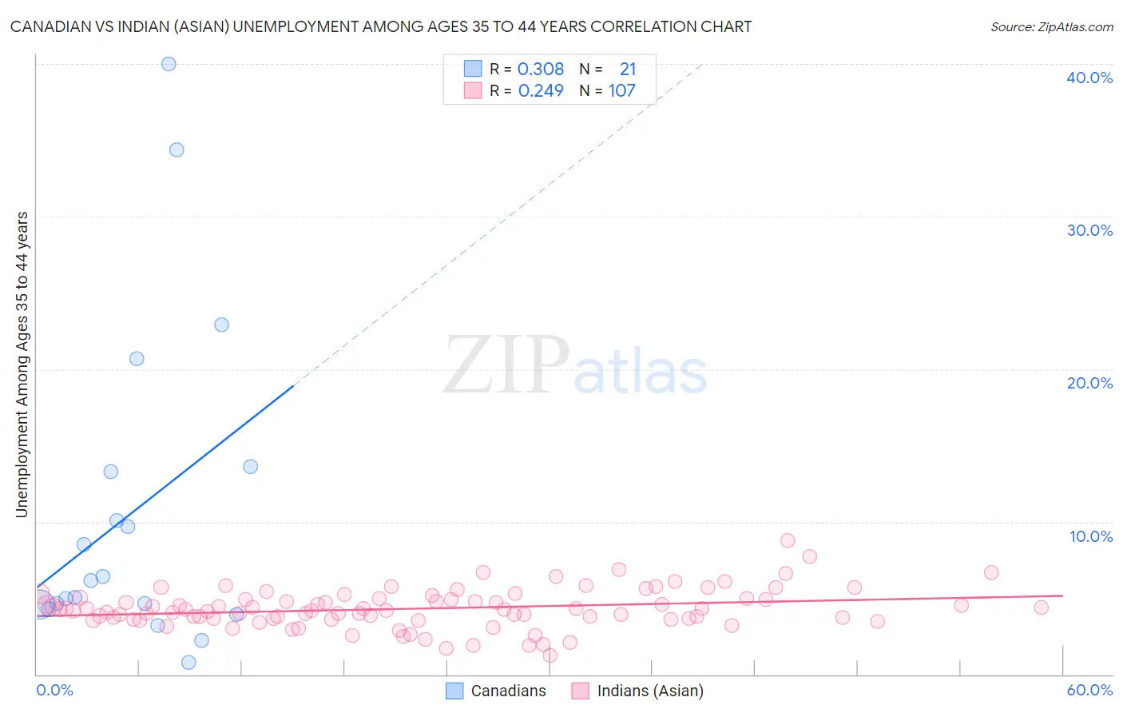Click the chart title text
(381, 26)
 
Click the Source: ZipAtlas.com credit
(1051, 26)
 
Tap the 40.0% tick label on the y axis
(1089, 78)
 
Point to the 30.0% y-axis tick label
(1089, 230)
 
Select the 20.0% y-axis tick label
(1089, 383)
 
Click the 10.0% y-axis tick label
(1090, 536)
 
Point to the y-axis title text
(22, 364)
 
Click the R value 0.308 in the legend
(541, 70)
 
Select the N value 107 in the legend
(621, 91)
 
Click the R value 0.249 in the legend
(541, 91)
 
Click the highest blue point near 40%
(169, 64)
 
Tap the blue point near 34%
(177, 149)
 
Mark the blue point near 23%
(221, 325)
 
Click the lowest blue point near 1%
(188, 662)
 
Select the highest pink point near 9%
(788, 540)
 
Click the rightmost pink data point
(1041, 607)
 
